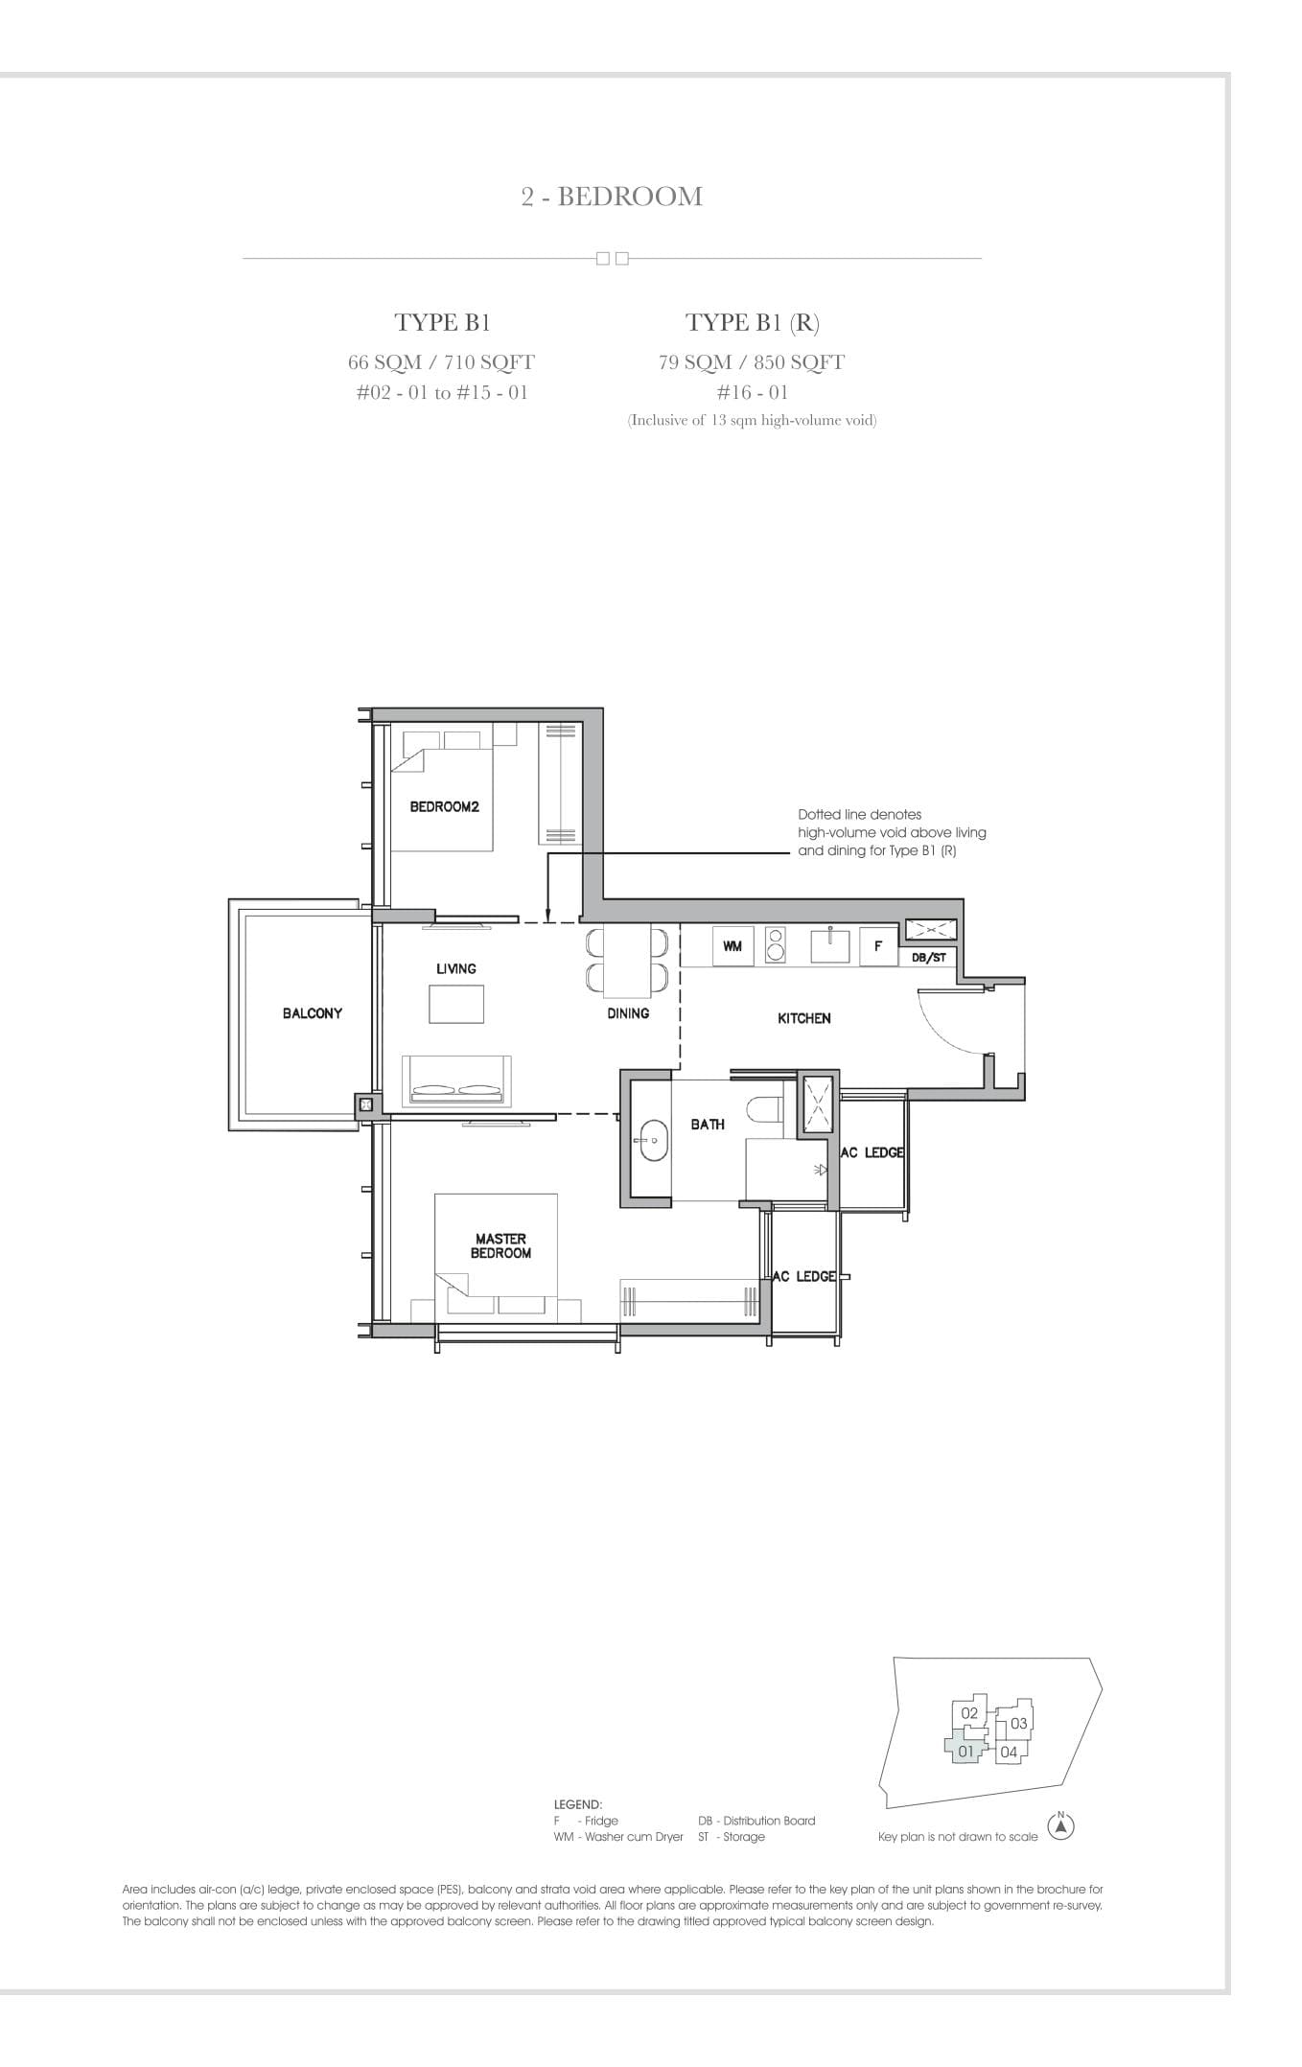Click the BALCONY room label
[313, 1012]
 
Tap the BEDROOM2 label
[444, 806]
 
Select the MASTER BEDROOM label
[500, 1245]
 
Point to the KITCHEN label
[804, 1018]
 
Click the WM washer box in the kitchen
[732, 946]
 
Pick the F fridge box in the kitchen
[877, 946]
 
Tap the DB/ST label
[928, 957]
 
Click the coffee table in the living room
[456, 1004]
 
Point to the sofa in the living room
[456, 1080]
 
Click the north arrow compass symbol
[1060, 1827]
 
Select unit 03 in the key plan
[1018, 1723]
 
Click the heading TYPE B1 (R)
[753, 322]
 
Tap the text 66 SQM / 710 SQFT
[441, 362]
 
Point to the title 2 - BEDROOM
[612, 197]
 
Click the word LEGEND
[578, 1803]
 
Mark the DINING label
[628, 1012]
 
